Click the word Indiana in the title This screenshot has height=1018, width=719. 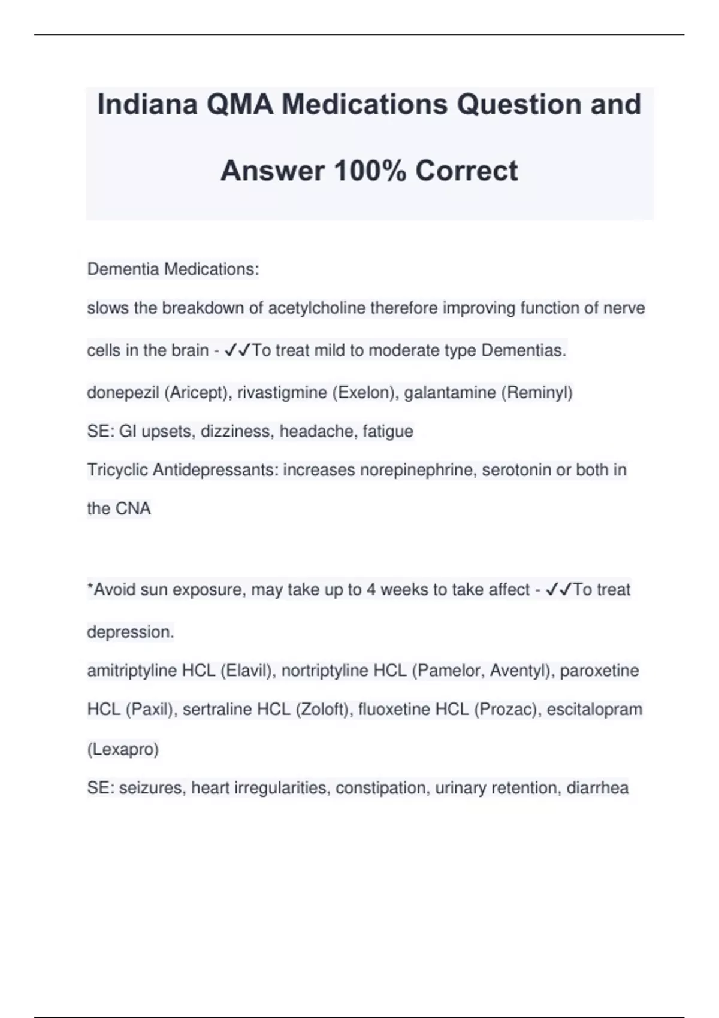[147, 104]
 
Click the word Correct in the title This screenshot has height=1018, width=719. [467, 171]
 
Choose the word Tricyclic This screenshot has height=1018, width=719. [117, 470]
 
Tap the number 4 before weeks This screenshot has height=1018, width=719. [371, 590]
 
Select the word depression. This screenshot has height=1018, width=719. [131, 632]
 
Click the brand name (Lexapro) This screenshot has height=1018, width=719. [123, 749]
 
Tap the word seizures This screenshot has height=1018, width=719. [152, 788]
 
